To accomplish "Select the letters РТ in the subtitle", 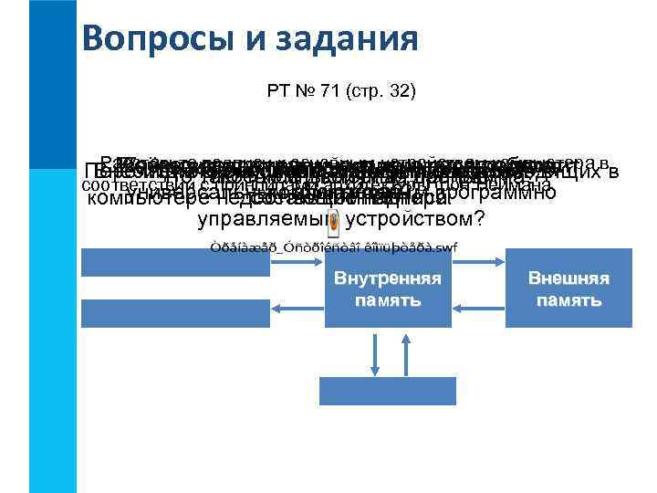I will pyautogui.click(x=277, y=91).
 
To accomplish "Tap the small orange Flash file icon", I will pyautogui.click(x=334, y=222).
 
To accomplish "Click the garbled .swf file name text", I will pyautogui.click(x=333, y=247).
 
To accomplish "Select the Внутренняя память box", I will pyautogui.click(x=388, y=288).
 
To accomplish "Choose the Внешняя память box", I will pyautogui.click(x=568, y=288).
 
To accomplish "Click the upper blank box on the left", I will pyautogui.click(x=176, y=262).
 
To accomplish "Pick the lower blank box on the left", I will pyautogui.click(x=176, y=312).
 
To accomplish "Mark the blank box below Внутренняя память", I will pyautogui.click(x=388, y=390).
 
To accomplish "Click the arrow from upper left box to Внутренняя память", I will pyautogui.click(x=297, y=262).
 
